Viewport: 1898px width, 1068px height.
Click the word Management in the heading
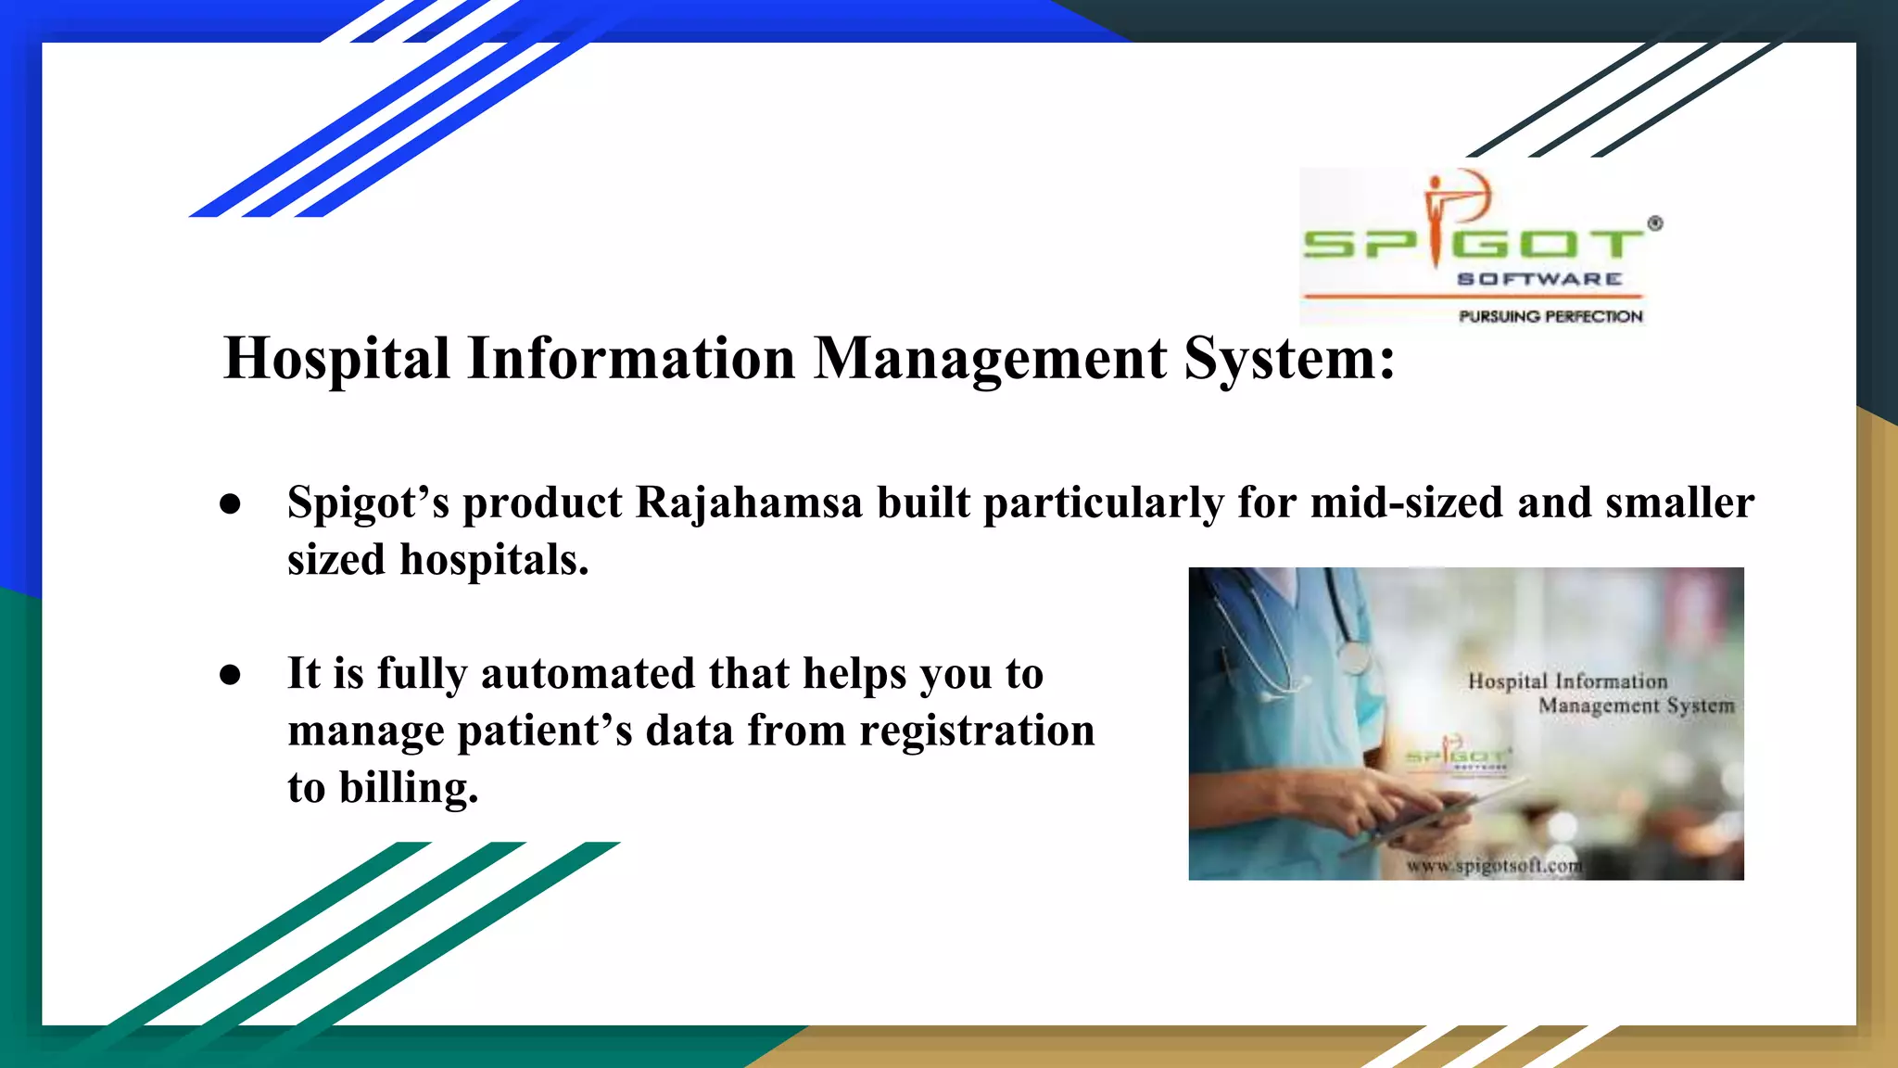990,359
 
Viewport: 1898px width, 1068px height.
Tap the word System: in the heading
1289,359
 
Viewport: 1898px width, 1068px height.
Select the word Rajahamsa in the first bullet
748,503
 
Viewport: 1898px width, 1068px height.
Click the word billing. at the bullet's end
409,789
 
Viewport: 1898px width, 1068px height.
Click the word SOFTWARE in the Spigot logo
1539,279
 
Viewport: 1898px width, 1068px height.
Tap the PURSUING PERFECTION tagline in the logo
1550,317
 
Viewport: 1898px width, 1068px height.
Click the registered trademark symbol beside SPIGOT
1655,223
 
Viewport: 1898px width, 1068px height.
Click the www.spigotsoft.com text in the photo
1494,866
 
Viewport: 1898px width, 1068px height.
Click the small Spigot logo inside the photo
1458,756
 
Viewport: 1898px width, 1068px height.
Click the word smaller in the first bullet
1679,503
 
